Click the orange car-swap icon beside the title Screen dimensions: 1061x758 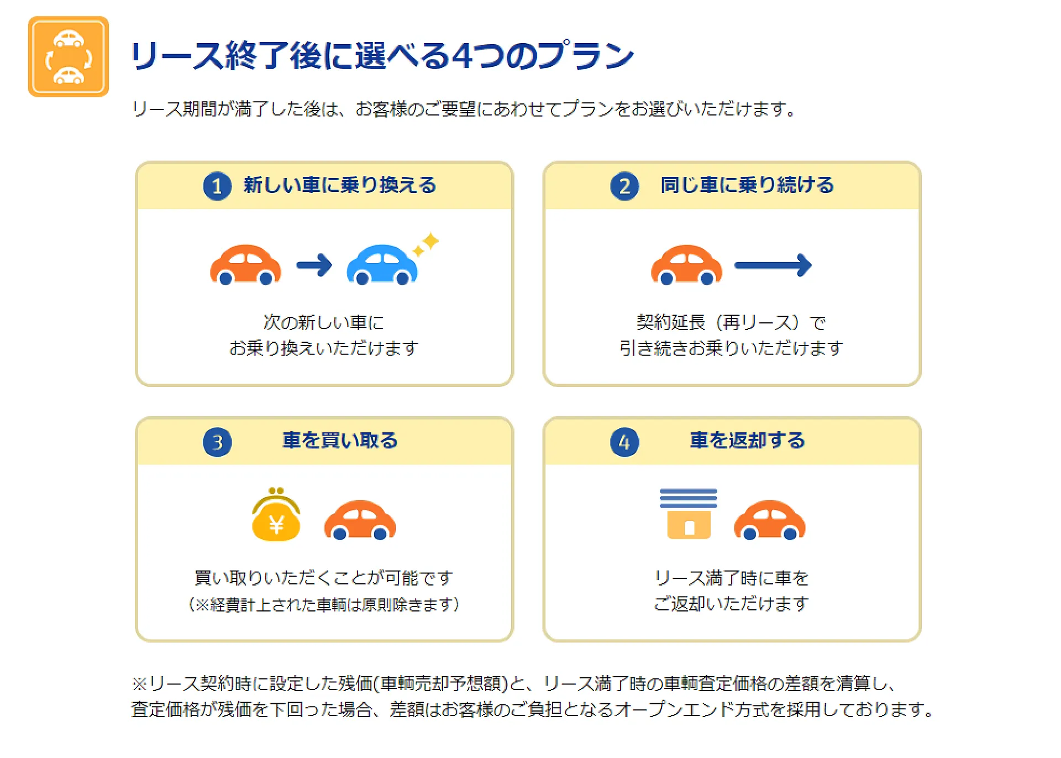click(x=69, y=56)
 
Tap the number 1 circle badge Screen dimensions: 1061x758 click(x=217, y=186)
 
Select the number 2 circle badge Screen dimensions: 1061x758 click(x=624, y=186)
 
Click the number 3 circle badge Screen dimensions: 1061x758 click(x=217, y=442)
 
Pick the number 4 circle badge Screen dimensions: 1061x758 click(x=624, y=442)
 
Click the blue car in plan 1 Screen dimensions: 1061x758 click(x=382, y=265)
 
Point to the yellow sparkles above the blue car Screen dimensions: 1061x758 click(x=426, y=244)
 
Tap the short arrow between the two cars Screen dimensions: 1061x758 click(x=314, y=265)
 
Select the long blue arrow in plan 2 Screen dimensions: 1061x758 click(x=773, y=265)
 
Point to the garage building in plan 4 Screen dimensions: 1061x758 click(x=689, y=514)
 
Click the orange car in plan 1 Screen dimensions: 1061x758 click(x=246, y=265)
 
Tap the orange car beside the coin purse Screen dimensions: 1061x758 click(x=360, y=520)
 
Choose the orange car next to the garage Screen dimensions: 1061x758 click(x=770, y=520)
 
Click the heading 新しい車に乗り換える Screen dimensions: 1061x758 click(x=340, y=185)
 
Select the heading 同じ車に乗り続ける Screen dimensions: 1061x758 click(x=747, y=185)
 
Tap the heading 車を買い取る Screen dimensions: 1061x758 click(x=340, y=441)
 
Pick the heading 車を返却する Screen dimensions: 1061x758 click(x=747, y=441)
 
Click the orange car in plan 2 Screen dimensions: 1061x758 click(x=687, y=265)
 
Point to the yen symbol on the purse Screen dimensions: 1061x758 click(x=276, y=524)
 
